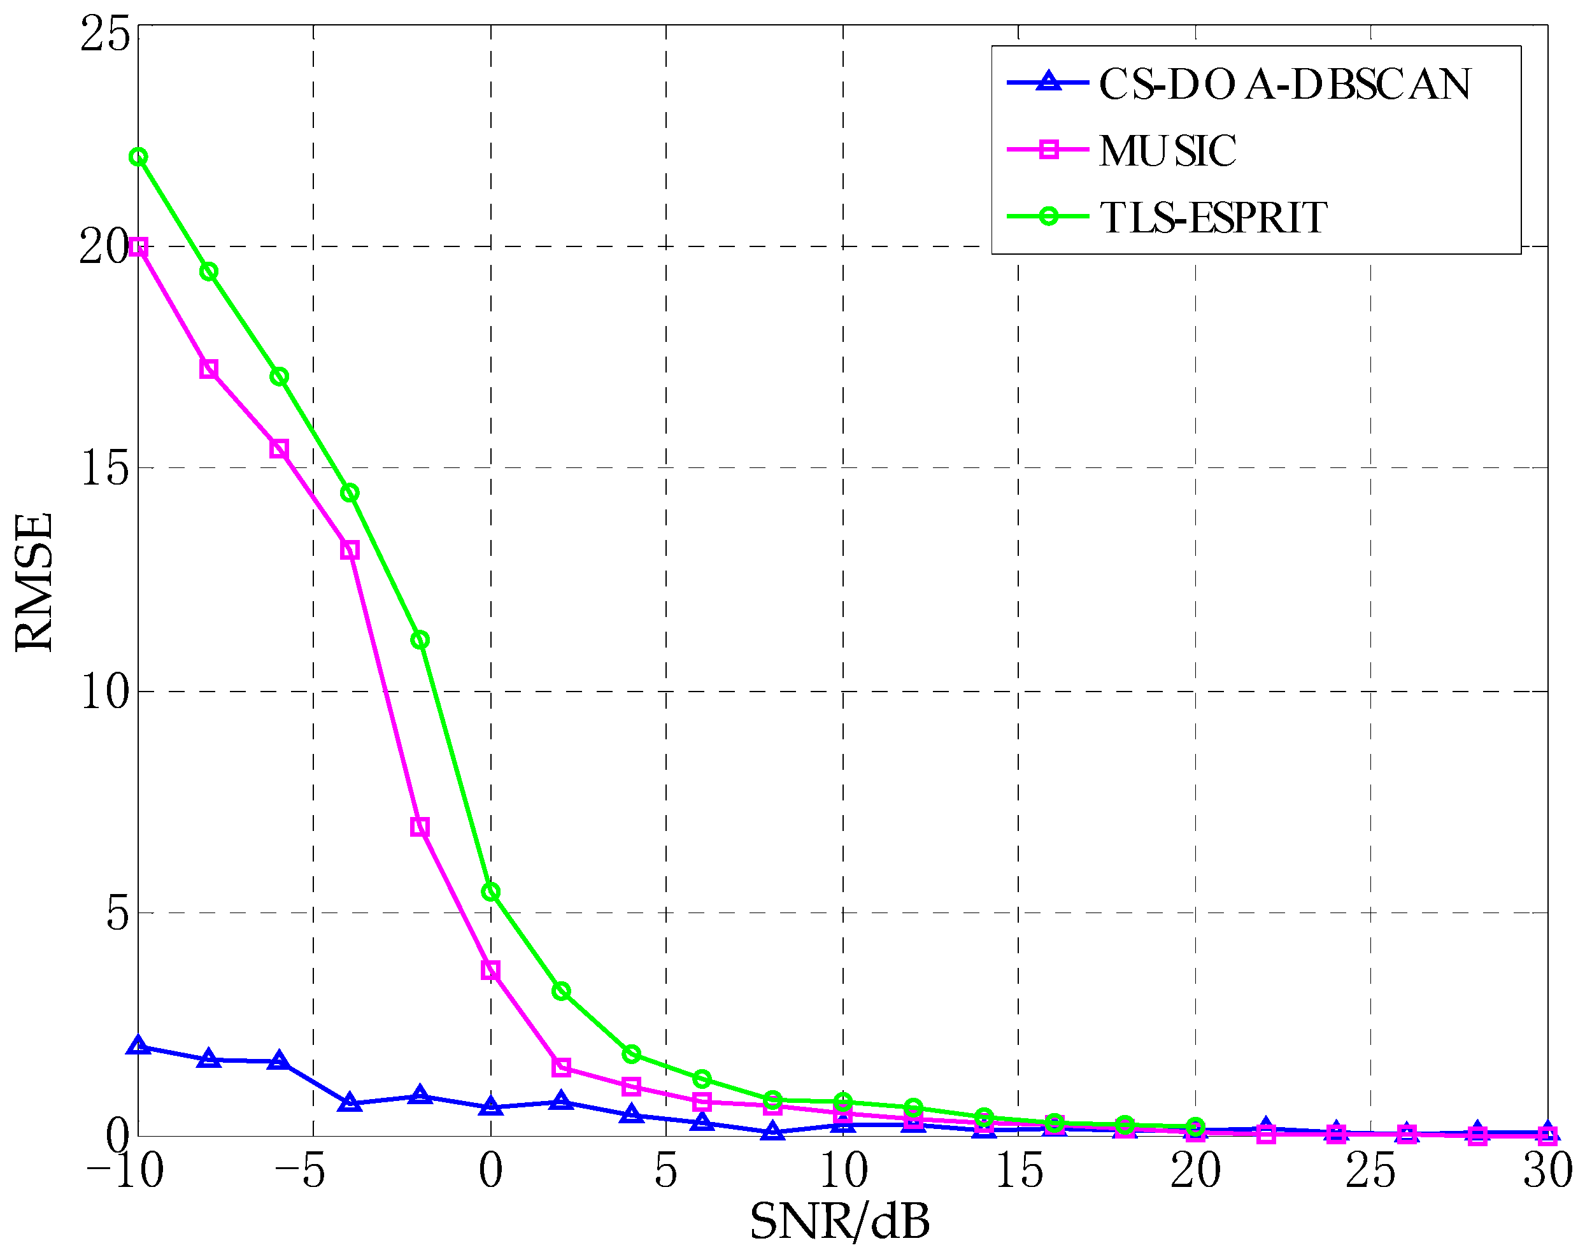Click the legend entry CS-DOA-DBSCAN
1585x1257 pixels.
coord(1284,84)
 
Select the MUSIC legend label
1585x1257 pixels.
coord(1167,151)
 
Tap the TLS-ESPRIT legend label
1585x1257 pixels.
coord(1213,218)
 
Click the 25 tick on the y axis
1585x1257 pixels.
coord(105,34)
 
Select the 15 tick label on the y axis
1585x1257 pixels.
coord(105,468)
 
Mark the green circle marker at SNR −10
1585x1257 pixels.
coord(138,157)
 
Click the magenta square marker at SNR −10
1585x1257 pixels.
coord(138,247)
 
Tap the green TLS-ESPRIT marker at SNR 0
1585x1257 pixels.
coord(490,891)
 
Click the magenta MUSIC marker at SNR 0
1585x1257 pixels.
coord(490,970)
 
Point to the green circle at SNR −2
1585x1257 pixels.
coord(420,640)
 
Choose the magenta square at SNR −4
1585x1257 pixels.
coord(350,550)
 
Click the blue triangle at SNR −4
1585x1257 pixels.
coord(350,1103)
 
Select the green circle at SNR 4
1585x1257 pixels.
coord(631,1054)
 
